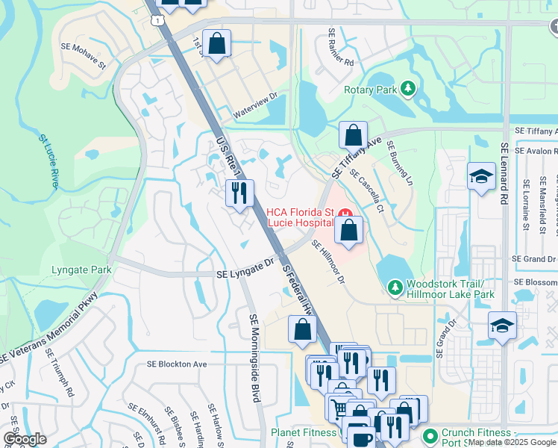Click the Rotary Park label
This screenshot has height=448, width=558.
pos(369,90)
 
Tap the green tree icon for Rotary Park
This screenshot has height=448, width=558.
pos(407,90)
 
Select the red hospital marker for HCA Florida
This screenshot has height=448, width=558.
pos(346,214)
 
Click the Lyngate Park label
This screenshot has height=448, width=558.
pos(81,270)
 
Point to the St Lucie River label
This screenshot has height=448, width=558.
pos(48,161)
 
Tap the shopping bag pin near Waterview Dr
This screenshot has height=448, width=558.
pos(216,44)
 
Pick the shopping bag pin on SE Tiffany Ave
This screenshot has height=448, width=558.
pos(353,136)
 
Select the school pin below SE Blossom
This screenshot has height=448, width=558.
pos(502,326)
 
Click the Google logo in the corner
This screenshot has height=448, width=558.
pos(25,439)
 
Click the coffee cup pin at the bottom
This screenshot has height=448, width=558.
pos(362,438)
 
